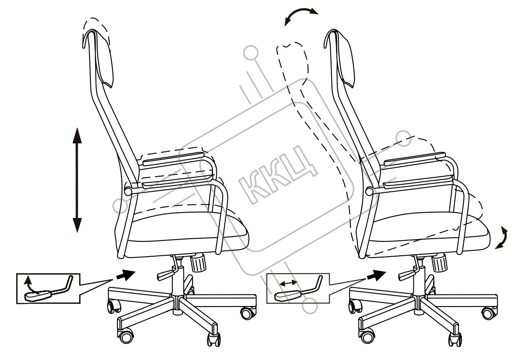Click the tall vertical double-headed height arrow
tap(77, 180)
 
